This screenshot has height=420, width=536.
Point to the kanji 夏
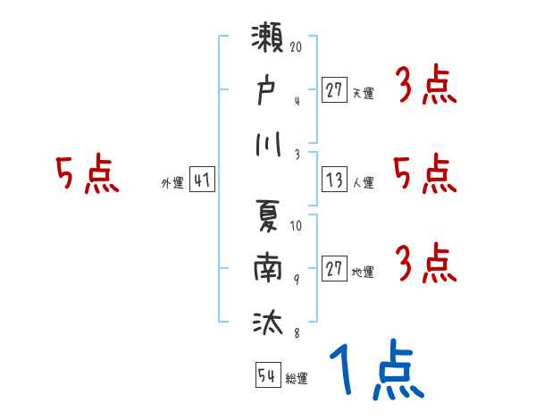click(x=269, y=219)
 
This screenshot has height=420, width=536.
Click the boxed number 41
click(x=202, y=181)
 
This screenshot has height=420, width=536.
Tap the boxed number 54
click(x=267, y=376)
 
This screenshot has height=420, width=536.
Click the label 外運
click(x=172, y=183)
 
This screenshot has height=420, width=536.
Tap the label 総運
click(x=297, y=379)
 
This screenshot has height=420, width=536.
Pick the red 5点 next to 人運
click(x=425, y=174)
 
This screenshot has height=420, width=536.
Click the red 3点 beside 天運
click(x=425, y=86)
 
